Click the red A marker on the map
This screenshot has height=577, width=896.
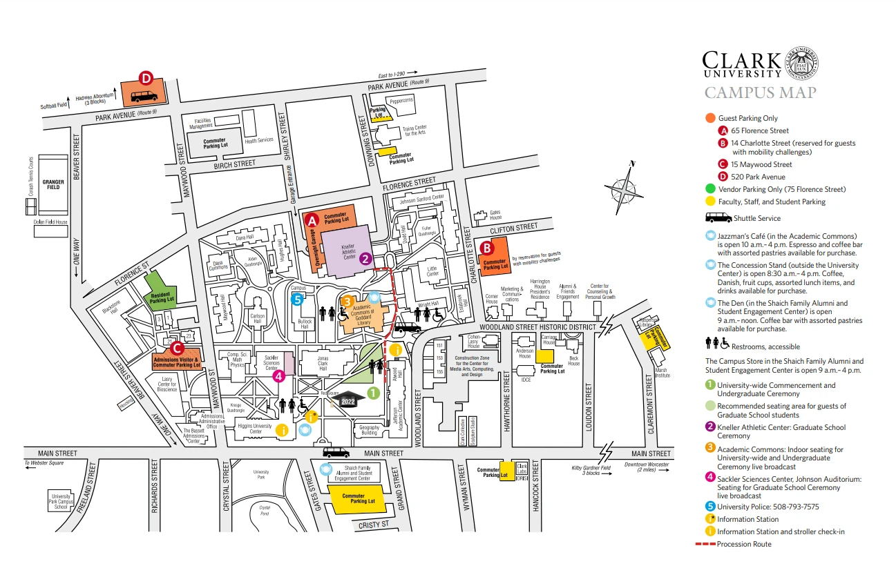click(x=312, y=221)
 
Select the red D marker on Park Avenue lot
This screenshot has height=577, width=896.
click(x=146, y=78)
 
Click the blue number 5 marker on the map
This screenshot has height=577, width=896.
click(x=298, y=299)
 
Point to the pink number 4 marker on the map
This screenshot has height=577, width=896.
click(x=278, y=376)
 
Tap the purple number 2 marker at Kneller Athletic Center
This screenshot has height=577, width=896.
click(x=366, y=259)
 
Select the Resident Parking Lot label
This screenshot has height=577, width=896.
click(x=162, y=297)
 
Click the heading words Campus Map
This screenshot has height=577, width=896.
click(x=760, y=93)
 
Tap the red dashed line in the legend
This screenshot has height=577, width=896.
click(x=705, y=545)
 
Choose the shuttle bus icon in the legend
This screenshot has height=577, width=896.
click(x=719, y=218)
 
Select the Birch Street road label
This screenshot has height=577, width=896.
click(x=235, y=164)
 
